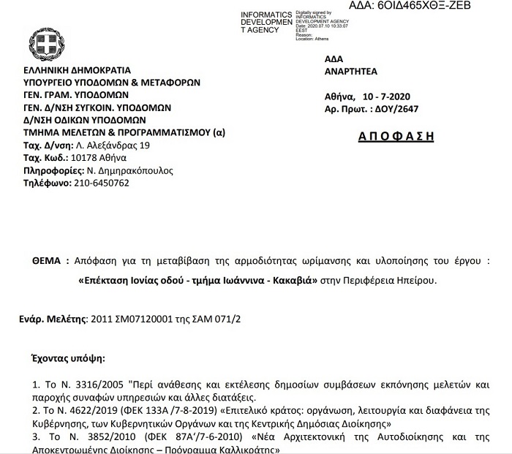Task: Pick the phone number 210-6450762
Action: [x=102, y=183]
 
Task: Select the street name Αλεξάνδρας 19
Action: [x=118, y=145]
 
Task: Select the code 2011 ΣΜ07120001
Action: [x=128, y=319]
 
